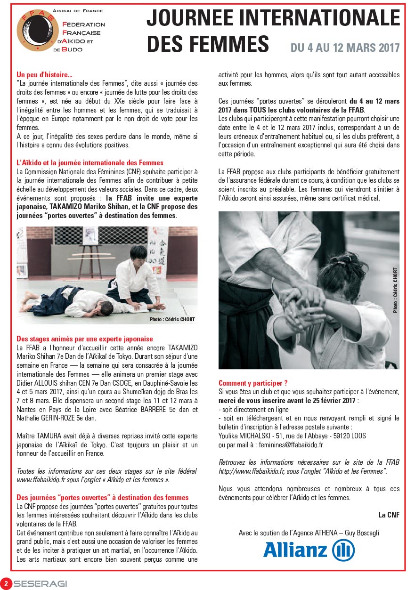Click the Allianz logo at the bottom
309,550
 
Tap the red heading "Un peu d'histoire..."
44,74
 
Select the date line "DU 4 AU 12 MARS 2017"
345,48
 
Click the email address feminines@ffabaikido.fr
286,445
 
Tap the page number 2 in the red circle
6,583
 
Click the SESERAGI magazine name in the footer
41,584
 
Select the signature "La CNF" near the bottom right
389,515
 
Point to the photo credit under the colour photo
172,319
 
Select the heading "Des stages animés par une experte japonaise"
85,339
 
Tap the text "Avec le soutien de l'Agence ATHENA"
288,533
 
